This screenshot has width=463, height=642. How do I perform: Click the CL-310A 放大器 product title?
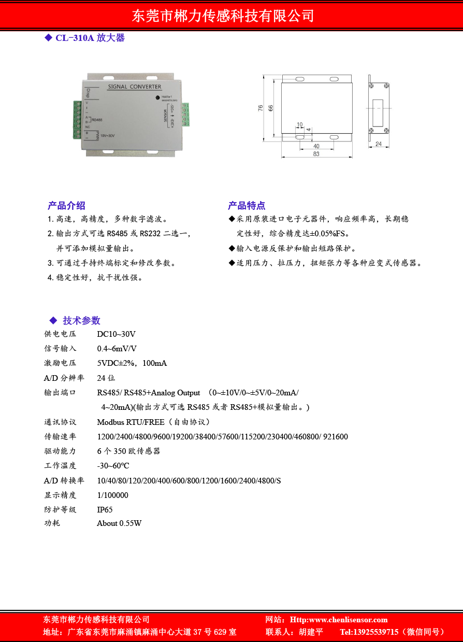(90, 38)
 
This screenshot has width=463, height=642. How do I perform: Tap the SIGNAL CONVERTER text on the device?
(134, 87)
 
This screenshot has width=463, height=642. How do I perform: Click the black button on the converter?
(157, 97)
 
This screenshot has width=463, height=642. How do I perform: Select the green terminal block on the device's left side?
(77, 120)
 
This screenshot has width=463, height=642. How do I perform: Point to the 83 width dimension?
(316, 154)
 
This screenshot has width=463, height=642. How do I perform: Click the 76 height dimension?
(261, 108)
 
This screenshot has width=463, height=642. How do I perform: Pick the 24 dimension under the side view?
(378, 144)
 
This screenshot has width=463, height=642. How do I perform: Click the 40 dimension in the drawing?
(316, 146)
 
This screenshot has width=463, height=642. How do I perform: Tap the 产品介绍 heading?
(66, 205)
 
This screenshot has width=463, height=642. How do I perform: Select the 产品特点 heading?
(247, 205)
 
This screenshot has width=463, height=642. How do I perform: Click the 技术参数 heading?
(81, 320)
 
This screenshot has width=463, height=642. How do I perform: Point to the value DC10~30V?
(116, 334)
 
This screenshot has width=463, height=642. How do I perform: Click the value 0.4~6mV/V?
(117, 349)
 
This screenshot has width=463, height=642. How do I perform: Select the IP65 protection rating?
(105, 510)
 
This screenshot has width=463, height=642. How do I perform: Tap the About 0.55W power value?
(119, 523)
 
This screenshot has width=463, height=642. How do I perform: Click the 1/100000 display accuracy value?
(112, 495)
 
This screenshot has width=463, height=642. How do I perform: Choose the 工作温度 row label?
(60, 466)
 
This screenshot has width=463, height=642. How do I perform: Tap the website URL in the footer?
(339, 620)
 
